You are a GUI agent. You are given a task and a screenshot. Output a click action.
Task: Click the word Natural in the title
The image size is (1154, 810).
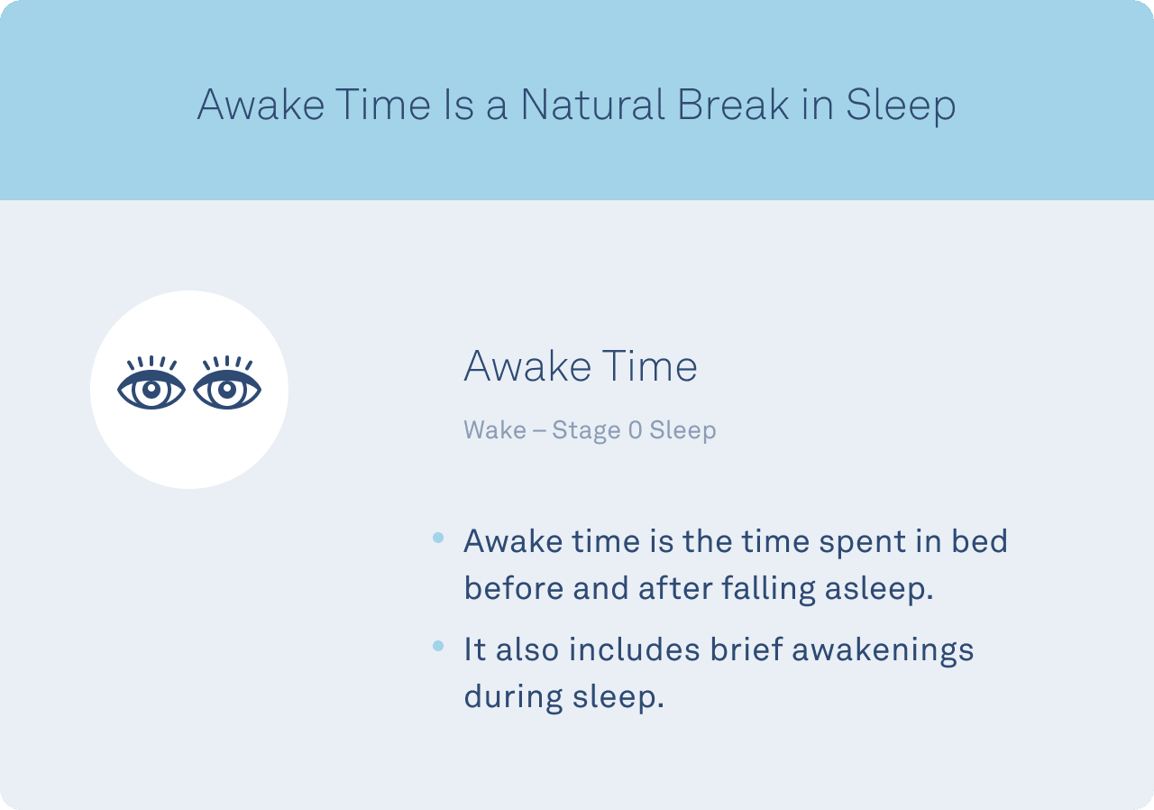coord(592,105)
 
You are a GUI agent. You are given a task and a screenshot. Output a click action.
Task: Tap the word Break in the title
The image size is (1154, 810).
coord(733,105)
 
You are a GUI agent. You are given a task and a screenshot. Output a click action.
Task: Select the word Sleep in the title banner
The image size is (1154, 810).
coord(901,106)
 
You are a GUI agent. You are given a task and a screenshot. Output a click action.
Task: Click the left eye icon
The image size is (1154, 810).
coord(151,382)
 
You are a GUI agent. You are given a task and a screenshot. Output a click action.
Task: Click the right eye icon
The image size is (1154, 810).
coord(227,382)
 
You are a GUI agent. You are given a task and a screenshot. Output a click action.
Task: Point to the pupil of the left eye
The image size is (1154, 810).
coord(151,390)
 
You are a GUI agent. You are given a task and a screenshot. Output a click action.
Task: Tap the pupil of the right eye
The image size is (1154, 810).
coord(227,390)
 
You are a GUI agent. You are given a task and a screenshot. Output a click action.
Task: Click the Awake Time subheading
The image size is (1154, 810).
coord(581,366)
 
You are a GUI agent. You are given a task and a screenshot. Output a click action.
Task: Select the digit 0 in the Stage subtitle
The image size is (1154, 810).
coord(636,429)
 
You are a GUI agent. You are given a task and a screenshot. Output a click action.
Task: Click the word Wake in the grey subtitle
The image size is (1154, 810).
coord(495,429)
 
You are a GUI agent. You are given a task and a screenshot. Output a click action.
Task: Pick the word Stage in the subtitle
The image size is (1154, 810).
coord(586,431)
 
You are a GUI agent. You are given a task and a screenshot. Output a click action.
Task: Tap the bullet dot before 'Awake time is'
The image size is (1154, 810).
coord(438,538)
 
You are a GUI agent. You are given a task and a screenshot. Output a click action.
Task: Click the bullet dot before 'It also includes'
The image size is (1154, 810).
coord(438,646)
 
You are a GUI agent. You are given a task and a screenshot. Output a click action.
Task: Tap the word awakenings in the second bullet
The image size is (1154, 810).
coord(883,650)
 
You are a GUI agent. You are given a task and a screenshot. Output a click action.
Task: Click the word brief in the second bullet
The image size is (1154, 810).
coord(746,649)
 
